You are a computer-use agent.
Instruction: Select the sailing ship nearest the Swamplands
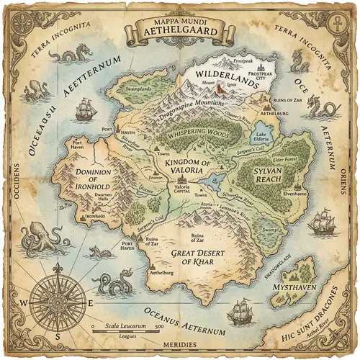pyautogui.click(x=86, y=108)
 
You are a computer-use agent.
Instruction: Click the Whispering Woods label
pyautogui.click(x=197, y=135)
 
